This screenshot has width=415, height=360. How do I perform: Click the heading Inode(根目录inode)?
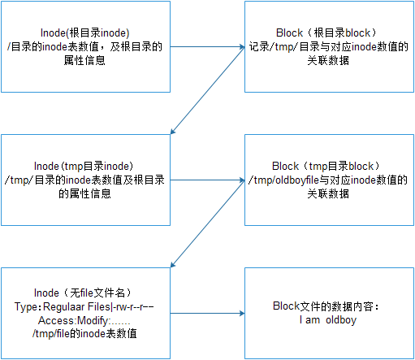(84, 33)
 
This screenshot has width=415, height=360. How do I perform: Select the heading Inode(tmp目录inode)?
(84, 166)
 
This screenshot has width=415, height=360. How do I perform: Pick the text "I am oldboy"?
(328, 320)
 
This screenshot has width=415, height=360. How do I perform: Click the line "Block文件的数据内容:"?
(326, 306)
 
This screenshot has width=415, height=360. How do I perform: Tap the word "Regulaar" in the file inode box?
(64, 307)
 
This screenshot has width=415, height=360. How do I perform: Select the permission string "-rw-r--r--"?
(133, 307)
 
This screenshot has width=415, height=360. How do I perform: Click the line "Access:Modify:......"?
(84, 320)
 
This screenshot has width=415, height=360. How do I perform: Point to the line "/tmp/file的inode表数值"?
(84, 333)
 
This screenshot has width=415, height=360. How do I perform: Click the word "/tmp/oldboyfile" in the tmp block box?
(283, 180)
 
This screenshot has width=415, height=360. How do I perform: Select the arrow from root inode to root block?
(207, 47)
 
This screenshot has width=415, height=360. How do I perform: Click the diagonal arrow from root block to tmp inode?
(207, 90)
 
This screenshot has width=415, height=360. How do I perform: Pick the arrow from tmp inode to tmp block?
(207, 180)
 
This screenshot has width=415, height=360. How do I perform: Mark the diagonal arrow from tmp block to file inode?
(207, 223)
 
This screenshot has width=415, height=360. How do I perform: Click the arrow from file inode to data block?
(207, 314)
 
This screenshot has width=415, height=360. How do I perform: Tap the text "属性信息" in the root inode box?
(84, 60)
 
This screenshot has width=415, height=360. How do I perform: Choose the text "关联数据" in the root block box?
(328, 60)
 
